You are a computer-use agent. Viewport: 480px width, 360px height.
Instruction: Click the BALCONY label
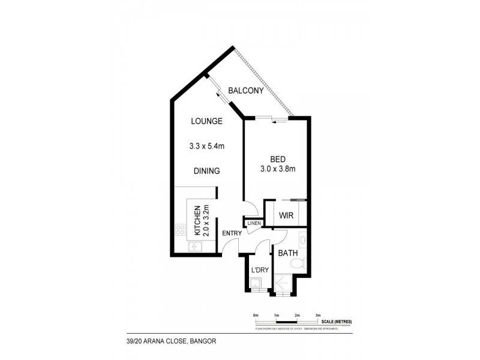tap(246, 91)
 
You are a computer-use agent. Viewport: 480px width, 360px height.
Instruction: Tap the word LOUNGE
tap(207, 121)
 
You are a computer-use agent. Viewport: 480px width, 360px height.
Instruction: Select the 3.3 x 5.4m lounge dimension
tap(207, 145)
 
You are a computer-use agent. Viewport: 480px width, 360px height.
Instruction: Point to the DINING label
tap(207, 171)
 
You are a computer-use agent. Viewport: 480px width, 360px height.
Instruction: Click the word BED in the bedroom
tap(277, 160)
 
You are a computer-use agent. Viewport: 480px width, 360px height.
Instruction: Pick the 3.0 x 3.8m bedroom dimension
tap(277, 169)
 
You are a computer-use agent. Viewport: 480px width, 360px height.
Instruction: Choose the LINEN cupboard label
tap(254, 223)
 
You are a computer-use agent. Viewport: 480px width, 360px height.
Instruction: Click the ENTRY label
tap(232, 233)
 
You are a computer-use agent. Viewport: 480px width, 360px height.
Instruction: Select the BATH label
tap(289, 253)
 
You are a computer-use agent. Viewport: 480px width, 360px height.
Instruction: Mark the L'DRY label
tap(260, 270)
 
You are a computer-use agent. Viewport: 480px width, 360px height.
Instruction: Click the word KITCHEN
tap(196, 222)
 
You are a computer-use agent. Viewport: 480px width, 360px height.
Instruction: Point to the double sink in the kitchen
tap(194, 247)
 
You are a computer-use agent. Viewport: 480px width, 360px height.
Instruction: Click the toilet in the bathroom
tap(304, 262)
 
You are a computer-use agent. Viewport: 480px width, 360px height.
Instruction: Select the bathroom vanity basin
tap(303, 240)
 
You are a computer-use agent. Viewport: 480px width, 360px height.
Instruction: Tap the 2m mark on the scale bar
tap(297, 315)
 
